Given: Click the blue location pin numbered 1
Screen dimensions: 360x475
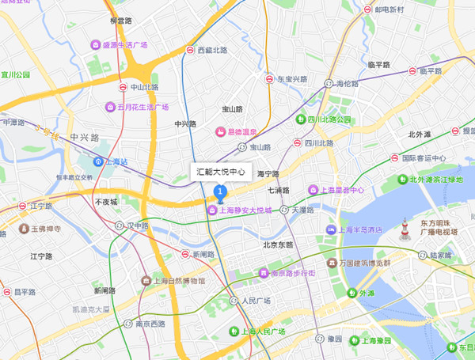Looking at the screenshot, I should pyautogui.click(x=221, y=191).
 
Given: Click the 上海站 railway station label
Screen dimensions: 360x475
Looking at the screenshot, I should pyautogui.click(x=114, y=161).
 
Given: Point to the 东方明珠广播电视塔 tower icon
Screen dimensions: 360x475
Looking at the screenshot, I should pyautogui.click(x=405, y=230).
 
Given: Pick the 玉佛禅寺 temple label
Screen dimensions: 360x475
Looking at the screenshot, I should pyautogui.click(x=44, y=229).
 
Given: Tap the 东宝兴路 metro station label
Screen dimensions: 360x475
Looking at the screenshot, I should pyautogui.click(x=291, y=79).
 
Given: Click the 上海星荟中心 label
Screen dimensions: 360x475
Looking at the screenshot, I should pyautogui.click(x=342, y=190).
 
